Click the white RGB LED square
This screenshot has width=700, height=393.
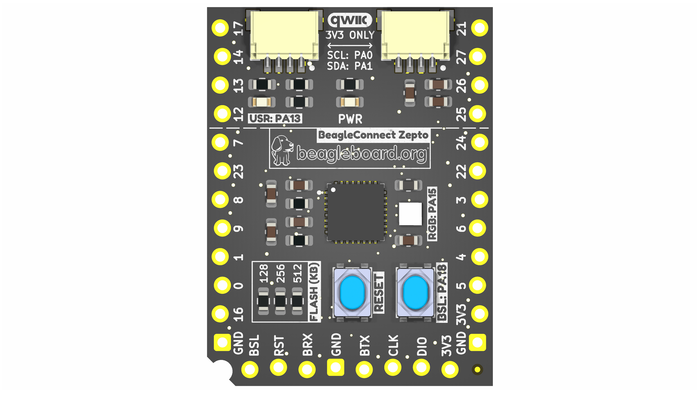[x=410, y=214]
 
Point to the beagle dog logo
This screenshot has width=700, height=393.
[x=282, y=150]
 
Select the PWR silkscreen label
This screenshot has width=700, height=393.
[x=350, y=119]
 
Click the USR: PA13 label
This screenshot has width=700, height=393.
[x=275, y=119]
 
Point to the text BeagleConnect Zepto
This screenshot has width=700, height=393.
[x=373, y=135]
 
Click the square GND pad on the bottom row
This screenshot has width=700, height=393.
[x=336, y=367]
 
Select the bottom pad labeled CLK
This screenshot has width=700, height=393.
[x=393, y=367]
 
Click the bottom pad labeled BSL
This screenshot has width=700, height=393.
[x=250, y=369]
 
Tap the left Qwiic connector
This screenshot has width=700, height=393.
[x=284, y=41]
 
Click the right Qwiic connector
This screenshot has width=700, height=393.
[x=415, y=41]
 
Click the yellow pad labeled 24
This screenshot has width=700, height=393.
[x=480, y=142]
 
